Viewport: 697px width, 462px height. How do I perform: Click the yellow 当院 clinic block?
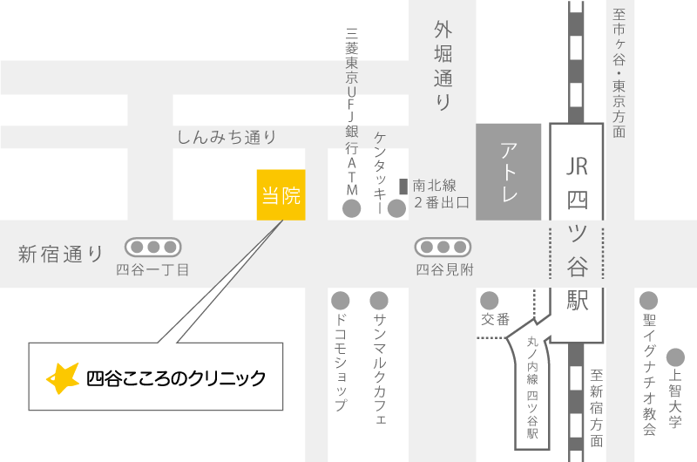(x=281, y=194)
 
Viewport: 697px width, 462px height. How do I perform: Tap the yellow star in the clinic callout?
(x=62, y=377)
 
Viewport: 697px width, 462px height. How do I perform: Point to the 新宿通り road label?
(x=60, y=255)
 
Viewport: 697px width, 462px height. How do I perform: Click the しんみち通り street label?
(x=227, y=137)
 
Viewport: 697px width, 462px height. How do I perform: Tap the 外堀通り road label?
(x=443, y=66)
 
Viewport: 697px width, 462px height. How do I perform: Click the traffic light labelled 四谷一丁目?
(x=152, y=247)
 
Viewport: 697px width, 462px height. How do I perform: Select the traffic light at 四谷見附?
(x=443, y=247)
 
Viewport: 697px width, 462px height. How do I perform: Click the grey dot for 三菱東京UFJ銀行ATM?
(x=352, y=208)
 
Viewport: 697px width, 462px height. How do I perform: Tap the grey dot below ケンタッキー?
(x=396, y=208)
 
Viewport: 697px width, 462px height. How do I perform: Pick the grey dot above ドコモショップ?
(x=341, y=300)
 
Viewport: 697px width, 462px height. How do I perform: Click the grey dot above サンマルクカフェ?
(x=379, y=300)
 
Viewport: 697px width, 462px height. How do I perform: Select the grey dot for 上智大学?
(x=675, y=357)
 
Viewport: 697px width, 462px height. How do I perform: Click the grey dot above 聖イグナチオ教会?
(x=648, y=300)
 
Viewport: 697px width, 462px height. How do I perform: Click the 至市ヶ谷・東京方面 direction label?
(x=619, y=73)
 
